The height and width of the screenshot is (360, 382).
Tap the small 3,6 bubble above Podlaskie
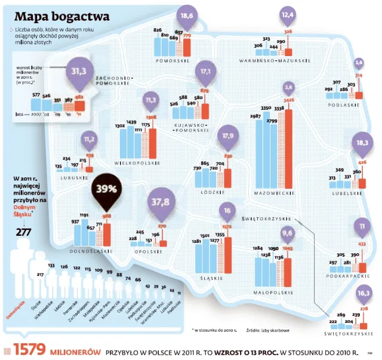(359, 62)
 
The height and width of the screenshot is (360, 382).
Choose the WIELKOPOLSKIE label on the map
(138, 161)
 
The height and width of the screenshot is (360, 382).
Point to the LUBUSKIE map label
(75, 179)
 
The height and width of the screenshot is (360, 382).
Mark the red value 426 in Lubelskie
(362, 162)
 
